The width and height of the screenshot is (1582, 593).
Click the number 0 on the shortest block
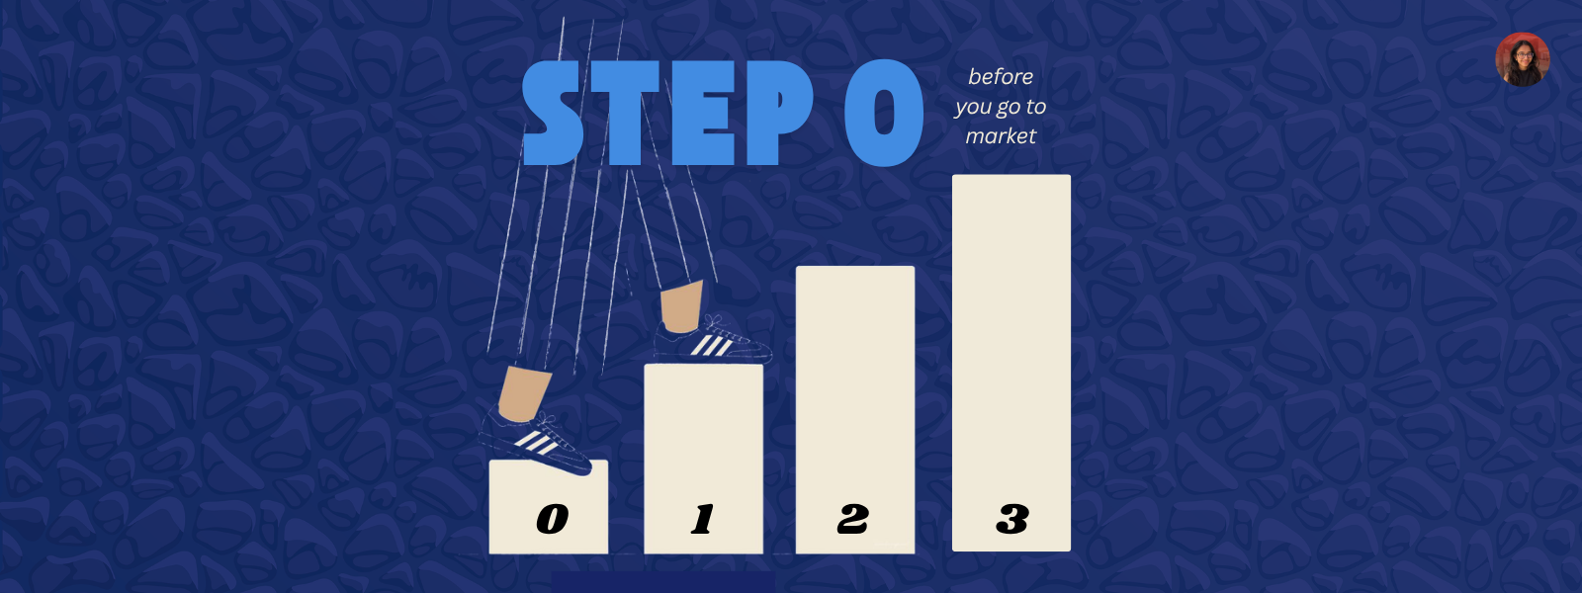[x=552, y=519]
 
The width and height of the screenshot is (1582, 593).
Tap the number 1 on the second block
[x=703, y=519]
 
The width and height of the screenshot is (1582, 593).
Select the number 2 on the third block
[x=853, y=519]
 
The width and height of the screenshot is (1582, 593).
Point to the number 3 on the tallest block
[x=1012, y=519]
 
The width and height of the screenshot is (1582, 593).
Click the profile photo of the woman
[x=1522, y=59]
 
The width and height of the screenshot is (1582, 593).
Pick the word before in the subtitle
[x=1001, y=77]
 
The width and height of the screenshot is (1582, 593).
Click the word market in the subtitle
[x=1001, y=136]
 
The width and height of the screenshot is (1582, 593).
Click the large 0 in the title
[x=883, y=113]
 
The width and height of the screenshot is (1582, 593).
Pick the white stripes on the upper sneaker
[x=711, y=345]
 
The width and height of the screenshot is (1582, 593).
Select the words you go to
[x=1001, y=107]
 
